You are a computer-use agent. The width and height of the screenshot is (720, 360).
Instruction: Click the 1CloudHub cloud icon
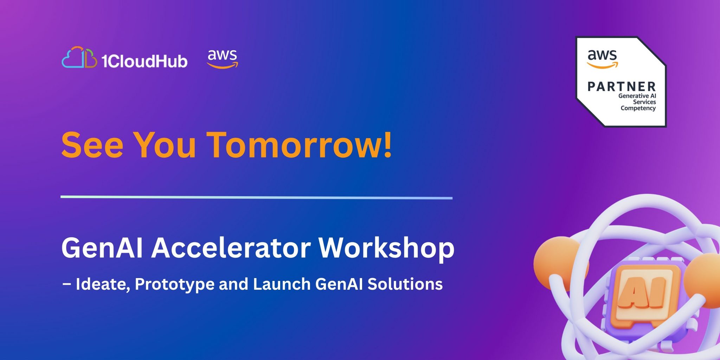[x=79, y=57]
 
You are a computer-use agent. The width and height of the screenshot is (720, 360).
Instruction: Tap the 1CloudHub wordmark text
[x=144, y=61]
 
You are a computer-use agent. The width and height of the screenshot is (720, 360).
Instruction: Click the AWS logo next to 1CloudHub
[x=223, y=59]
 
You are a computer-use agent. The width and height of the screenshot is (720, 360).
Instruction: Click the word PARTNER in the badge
[x=622, y=86]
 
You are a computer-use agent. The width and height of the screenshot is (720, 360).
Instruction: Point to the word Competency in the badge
[x=638, y=108]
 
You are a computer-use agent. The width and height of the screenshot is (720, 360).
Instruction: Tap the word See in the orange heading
[x=92, y=144]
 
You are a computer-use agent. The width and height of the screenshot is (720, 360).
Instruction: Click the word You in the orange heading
[x=165, y=144]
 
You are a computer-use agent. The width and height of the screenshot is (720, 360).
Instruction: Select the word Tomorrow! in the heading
[x=299, y=144]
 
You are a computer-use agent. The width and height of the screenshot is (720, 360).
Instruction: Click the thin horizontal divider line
[x=257, y=198]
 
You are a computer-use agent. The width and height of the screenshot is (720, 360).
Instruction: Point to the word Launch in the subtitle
[x=282, y=284]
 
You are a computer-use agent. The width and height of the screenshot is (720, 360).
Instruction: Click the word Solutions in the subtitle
[x=405, y=284]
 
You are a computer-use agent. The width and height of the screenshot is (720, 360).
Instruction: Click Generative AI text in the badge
[x=637, y=96]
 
